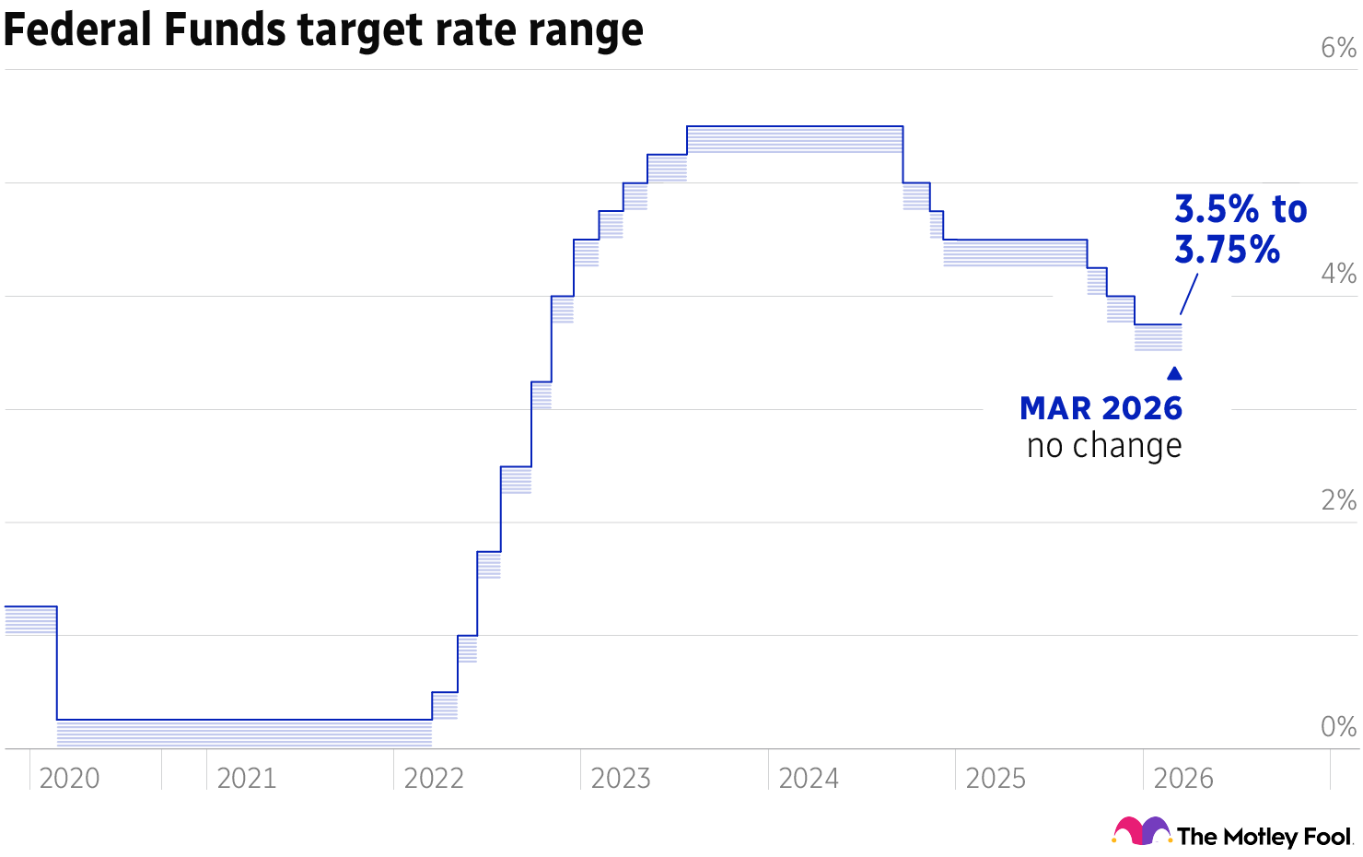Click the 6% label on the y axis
(1338, 47)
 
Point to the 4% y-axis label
(1338, 274)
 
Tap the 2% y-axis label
(1338, 500)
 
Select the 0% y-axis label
(1338, 727)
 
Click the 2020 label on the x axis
(70, 779)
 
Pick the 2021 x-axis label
(247, 779)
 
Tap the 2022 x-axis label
(434, 779)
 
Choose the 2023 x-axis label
(621, 779)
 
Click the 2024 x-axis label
(809, 779)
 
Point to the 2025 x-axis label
(996, 779)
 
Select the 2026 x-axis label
(1183, 779)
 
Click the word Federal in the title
(78, 29)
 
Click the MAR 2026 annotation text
(1101, 408)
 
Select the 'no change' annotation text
(1104, 446)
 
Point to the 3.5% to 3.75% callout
(1240, 229)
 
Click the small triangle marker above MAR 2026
(1174, 374)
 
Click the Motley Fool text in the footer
(1264, 837)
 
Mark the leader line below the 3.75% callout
(1188, 296)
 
